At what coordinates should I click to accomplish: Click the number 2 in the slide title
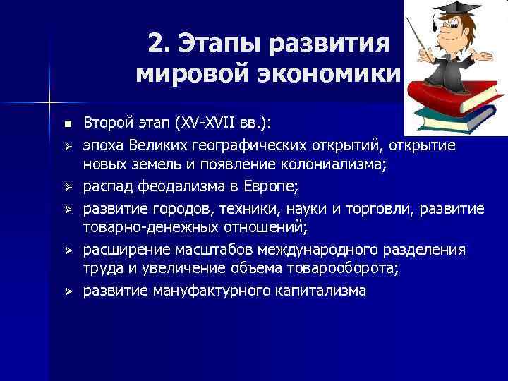pyautogui.click(x=157, y=43)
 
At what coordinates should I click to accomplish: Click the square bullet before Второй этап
pyautogui.click(x=67, y=124)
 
